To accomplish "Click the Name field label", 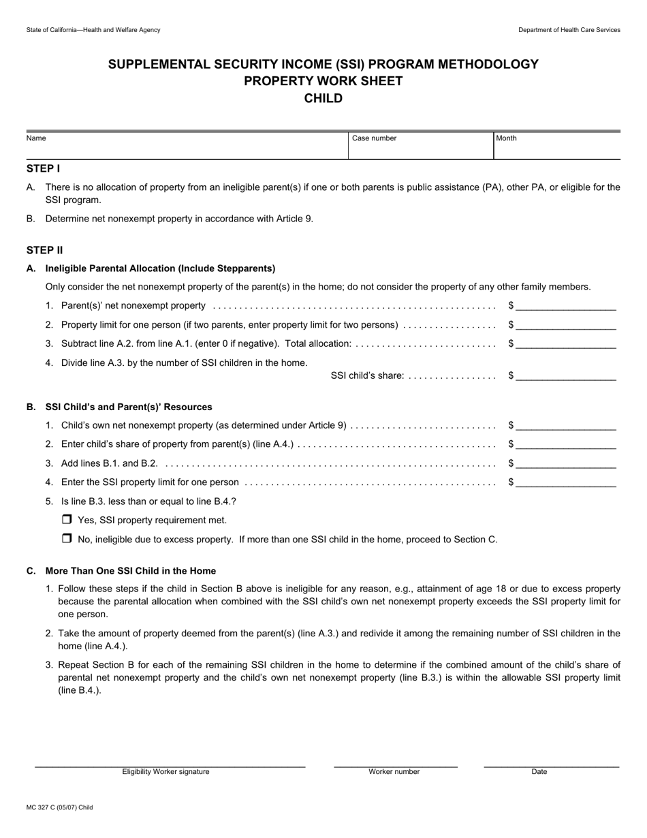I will tap(36, 138).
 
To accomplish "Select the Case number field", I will tap(420, 148).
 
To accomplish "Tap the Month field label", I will tap(506, 138).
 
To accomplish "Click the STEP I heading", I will tap(44, 168).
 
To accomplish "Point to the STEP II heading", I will tap(45, 250).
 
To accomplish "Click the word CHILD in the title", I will tap(323, 98).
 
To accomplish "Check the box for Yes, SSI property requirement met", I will tap(67, 520).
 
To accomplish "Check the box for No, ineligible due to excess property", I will tap(67, 539).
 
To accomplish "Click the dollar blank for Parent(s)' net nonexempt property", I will tap(565, 306).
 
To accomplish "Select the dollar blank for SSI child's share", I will tap(565, 375).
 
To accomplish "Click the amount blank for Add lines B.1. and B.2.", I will tap(565, 463).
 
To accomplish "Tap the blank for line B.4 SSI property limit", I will tap(565, 482).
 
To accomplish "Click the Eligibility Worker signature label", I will tap(165, 772).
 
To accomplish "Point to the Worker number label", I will tap(394, 772).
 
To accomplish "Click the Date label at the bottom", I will tap(539, 772).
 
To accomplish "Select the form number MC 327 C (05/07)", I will tap(59, 807).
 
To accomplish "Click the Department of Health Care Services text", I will tap(569, 30).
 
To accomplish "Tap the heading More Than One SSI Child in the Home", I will tap(130, 571).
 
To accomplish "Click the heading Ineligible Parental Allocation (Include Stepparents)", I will tap(160, 268).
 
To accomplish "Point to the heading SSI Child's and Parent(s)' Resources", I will tap(129, 407).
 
